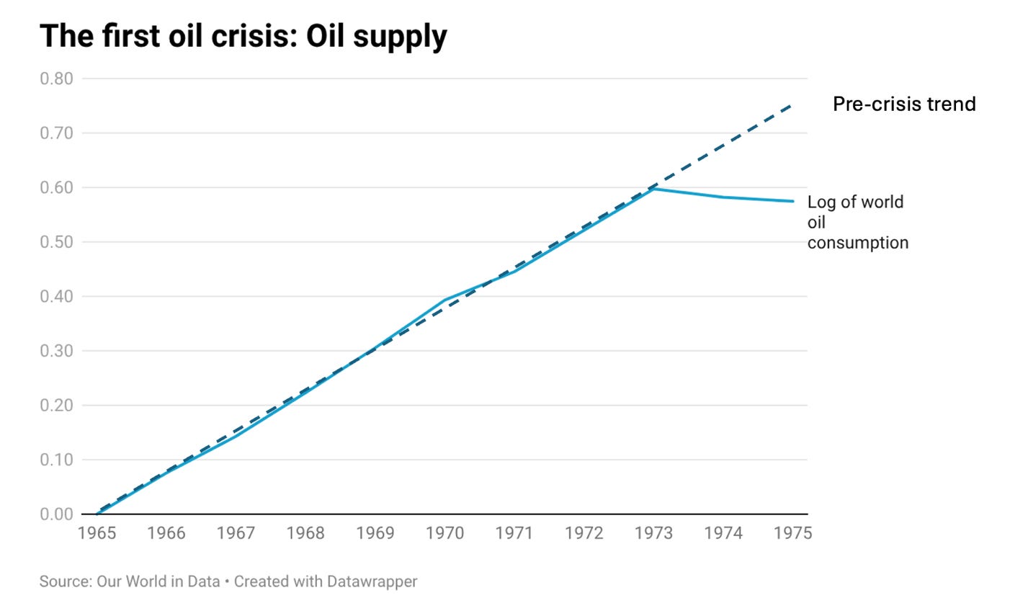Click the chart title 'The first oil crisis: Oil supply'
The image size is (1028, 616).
click(x=243, y=36)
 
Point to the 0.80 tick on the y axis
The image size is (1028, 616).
click(x=56, y=79)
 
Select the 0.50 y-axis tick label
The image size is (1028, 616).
click(x=56, y=242)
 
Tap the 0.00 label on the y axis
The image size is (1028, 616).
click(x=56, y=514)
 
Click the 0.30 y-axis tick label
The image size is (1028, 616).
click(x=56, y=351)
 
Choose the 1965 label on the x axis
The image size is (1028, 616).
click(x=97, y=533)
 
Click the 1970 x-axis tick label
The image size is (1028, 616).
click(x=444, y=533)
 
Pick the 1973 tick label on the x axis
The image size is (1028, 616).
click(x=653, y=533)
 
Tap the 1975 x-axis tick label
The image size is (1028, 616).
click(x=792, y=533)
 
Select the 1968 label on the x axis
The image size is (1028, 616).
click(x=305, y=533)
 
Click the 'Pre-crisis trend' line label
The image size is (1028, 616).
click(x=904, y=104)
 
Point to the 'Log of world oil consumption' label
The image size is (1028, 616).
click(x=857, y=222)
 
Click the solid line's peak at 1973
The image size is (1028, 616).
click(x=653, y=189)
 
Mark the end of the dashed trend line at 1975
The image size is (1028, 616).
click(x=792, y=105)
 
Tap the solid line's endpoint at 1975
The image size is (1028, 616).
click(x=793, y=201)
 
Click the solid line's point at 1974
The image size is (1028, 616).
click(x=723, y=197)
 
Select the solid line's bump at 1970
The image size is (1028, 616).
click(x=445, y=300)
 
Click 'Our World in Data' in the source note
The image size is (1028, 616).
click(x=158, y=581)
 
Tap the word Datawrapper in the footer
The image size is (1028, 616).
click(x=372, y=581)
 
